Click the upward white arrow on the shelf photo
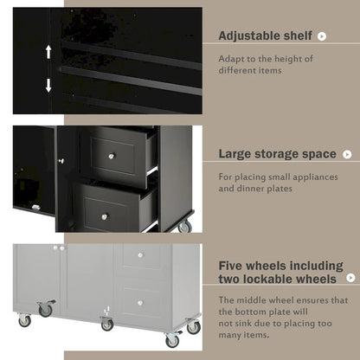48,52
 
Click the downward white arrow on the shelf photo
48,85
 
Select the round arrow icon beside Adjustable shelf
323,36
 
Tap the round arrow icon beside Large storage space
347,154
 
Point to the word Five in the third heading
233,266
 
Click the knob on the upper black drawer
111,157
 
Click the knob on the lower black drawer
105,216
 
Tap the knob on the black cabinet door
61,161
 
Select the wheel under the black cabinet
184,227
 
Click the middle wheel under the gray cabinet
106,325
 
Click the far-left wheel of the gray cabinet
24,321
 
